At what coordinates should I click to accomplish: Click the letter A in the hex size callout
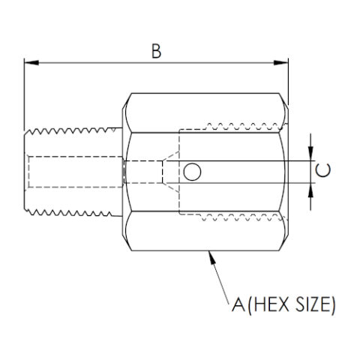(238, 305)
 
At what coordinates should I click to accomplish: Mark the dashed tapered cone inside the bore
(161, 172)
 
